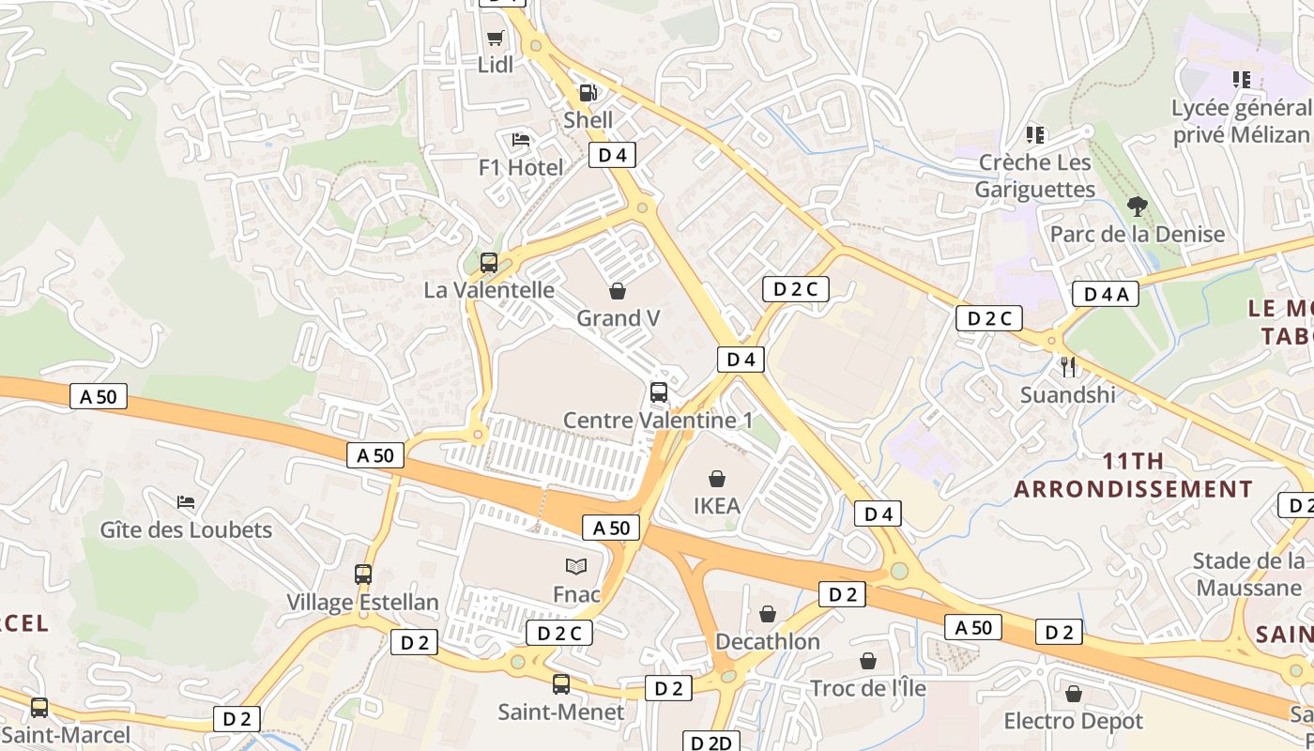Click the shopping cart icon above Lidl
point(495,38)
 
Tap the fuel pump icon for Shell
point(588,92)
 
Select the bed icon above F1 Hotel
point(521,140)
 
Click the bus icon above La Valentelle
point(489,263)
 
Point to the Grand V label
point(618,318)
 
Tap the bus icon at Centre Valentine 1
point(659,392)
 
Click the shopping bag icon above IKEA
point(717,479)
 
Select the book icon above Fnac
point(576,566)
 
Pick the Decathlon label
point(768,642)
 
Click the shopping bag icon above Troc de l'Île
point(868,661)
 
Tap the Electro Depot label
point(1074,721)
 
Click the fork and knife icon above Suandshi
point(1067,366)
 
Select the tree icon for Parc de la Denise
point(1138,206)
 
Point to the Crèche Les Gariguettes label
point(1035,176)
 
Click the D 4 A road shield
point(1106,294)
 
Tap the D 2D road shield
point(710,743)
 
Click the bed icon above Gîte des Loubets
point(186,502)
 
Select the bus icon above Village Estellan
point(363,574)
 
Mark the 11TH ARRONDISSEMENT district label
point(1133,475)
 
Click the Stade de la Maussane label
point(1248,575)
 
